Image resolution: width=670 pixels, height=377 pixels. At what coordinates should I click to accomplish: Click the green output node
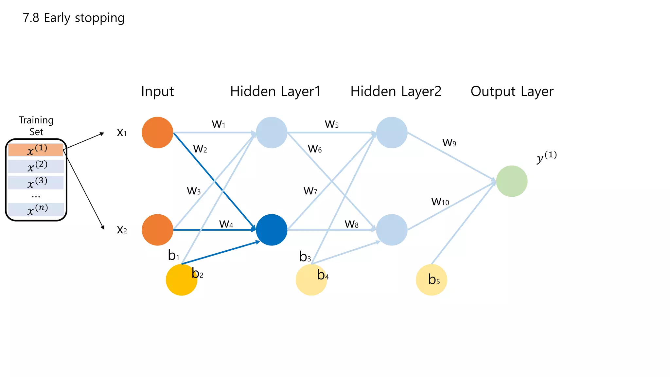click(x=512, y=181)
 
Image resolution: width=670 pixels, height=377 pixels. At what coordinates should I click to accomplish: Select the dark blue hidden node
click(x=272, y=230)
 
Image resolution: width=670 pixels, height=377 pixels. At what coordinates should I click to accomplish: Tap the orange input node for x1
click(x=157, y=133)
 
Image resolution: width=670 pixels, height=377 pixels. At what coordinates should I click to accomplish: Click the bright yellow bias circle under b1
click(x=181, y=280)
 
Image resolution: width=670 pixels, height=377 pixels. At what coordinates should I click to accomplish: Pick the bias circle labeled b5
click(x=431, y=280)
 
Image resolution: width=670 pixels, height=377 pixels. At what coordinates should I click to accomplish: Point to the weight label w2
click(x=200, y=149)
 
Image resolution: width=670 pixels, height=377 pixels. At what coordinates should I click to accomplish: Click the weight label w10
click(x=440, y=201)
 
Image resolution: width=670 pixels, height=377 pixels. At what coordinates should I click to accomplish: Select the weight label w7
click(x=310, y=190)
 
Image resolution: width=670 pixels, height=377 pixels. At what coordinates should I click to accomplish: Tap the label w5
click(x=331, y=124)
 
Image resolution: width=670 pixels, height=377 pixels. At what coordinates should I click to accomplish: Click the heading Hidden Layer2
click(x=396, y=91)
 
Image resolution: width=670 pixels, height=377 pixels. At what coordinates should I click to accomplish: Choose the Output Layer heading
click(x=512, y=91)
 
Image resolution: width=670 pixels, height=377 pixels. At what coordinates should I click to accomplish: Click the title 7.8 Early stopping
click(x=74, y=18)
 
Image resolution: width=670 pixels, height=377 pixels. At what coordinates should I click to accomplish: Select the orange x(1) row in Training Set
click(x=36, y=150)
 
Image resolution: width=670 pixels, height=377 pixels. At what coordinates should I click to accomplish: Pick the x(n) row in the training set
click(x=36, y=209)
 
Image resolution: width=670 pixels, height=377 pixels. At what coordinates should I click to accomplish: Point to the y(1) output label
click(x=546, y=157)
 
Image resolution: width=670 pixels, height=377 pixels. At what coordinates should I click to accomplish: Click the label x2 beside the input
click(x=122, y=230)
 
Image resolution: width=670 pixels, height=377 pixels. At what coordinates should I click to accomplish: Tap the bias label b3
click(x=305, y=257)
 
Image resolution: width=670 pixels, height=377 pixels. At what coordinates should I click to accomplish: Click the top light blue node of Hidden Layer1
click(x=272, y=133)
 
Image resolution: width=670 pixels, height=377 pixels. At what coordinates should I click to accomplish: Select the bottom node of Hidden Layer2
click(x=392, y=230)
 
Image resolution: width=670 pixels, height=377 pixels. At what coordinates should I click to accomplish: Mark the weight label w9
click(x=449, y=142)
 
